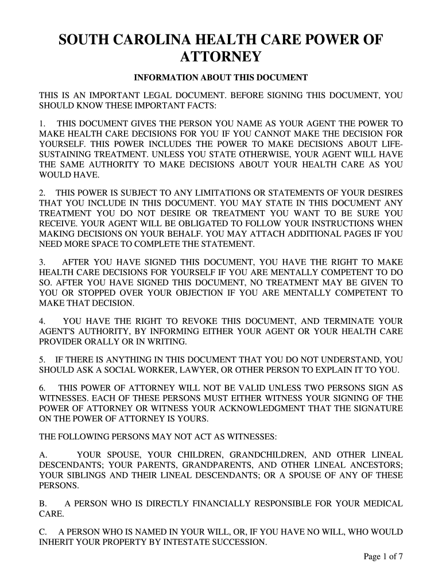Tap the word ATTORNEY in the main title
pyautogui.click(x=221, y=57)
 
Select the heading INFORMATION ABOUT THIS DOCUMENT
pyautogui.click(x=221, y=78)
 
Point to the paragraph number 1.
pyautogui.click(x=41, y=123)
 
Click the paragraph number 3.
pyautogui.click(x=41, y=262)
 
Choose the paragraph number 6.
pyautogui.click(x=41, y=388)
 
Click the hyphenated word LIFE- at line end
pyautogui.click(x=391, y=144)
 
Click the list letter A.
pyautogui.click(x=42, y=455)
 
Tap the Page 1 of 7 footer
pyautogui.click(x=384, y=557)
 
